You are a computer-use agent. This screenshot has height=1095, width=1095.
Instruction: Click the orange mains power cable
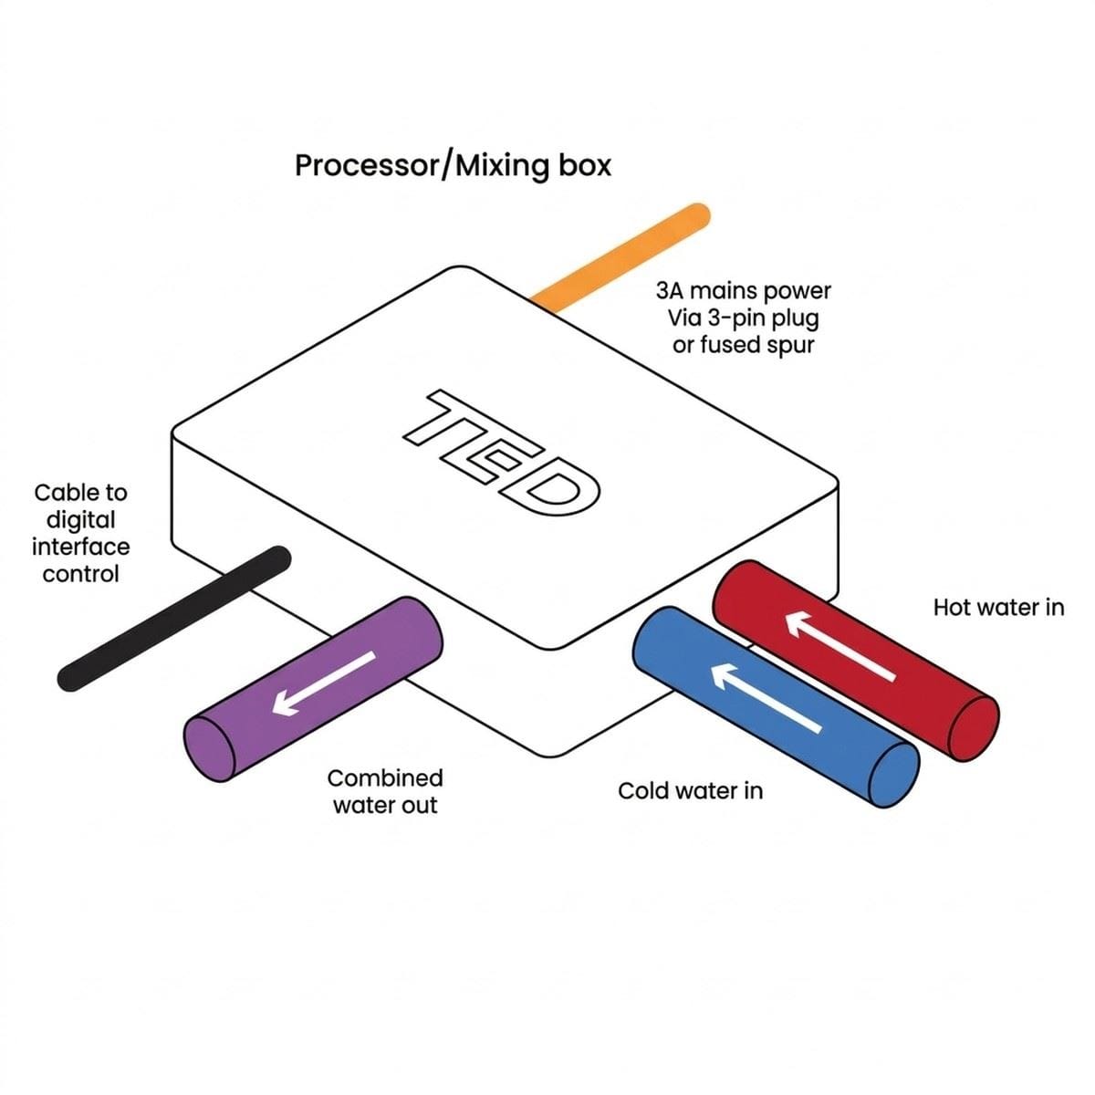[x=620, y=258]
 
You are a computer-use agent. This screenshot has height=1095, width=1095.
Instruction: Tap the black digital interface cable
[x=174, y=619]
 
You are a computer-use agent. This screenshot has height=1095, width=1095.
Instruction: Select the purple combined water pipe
[x=313, y=689]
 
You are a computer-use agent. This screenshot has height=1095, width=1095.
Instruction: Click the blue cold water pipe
[x=776, y=707]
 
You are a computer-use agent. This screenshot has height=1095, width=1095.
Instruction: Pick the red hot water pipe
[x=855, y=661]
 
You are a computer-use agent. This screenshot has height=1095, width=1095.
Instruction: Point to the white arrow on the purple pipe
[x=324, y=683]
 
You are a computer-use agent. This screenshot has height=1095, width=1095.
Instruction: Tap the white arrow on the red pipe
[x=841, y=646]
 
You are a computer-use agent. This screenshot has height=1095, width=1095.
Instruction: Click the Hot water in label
[x=998, y=608]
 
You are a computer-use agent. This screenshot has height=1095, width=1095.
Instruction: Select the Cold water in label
[x=690, y=791]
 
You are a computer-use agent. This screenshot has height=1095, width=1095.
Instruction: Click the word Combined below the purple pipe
[x=385, y=778]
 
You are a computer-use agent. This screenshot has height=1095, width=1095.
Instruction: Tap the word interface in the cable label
[x=80, y=547]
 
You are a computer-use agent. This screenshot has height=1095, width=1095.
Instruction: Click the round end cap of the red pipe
[x=974, y=728]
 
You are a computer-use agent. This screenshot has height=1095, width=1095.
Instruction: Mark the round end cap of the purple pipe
[x=209, y=748]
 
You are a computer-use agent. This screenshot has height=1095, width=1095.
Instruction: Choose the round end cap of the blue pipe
[x=894, y=775]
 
